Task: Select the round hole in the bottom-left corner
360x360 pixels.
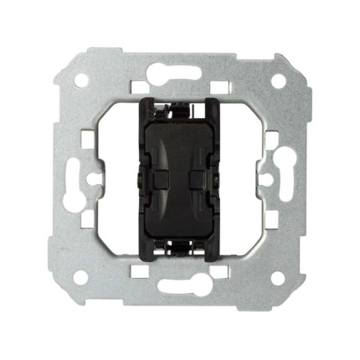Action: (82, 276)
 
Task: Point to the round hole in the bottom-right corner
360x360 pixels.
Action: (278, 276)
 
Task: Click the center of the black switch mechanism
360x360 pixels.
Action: (180, 178)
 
